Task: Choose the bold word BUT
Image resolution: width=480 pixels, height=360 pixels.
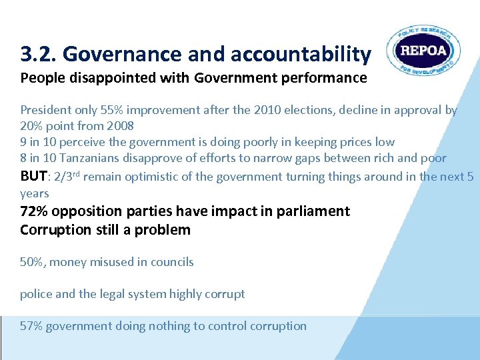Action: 33,176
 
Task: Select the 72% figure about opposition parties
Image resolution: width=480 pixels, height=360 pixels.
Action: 34,211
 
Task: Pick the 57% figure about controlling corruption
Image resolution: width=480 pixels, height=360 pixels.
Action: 32,326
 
